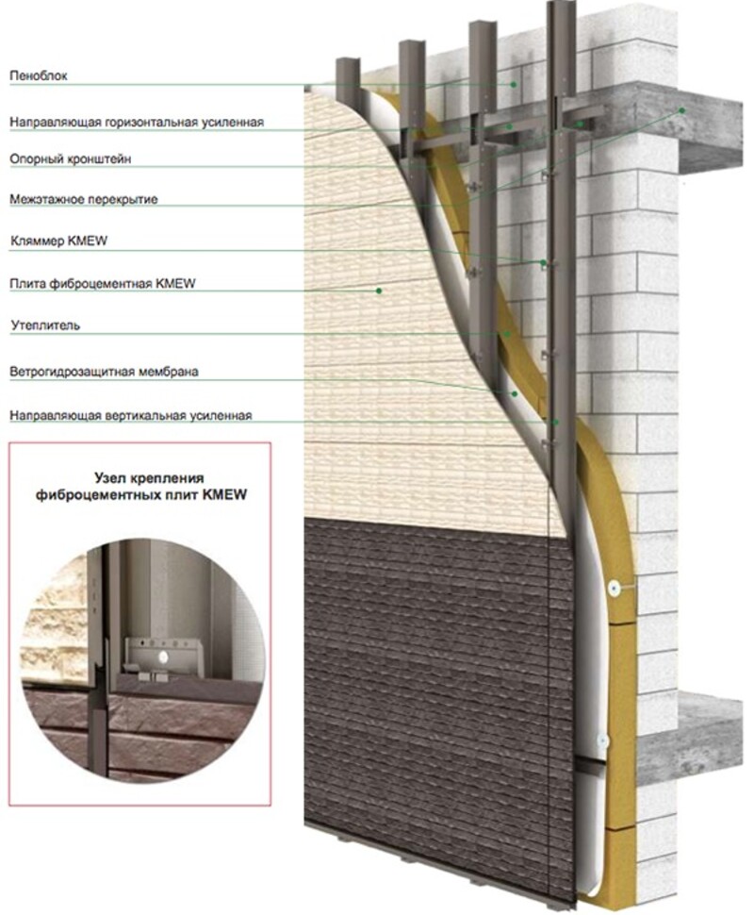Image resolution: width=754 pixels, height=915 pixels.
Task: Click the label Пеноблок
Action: [39, 75]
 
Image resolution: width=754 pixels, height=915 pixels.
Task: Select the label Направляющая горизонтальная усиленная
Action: [137, 122]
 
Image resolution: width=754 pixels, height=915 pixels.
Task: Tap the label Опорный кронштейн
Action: [70, 158]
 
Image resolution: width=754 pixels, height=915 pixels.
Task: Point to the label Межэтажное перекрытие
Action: [83, 200]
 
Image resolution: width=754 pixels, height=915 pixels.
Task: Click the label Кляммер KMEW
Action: [58, 241]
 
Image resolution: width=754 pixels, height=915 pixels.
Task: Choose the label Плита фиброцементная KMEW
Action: [103, 284]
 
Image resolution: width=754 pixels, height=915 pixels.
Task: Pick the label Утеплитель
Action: [45, 325]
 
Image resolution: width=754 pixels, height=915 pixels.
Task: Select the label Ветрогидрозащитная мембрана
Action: [104, 372]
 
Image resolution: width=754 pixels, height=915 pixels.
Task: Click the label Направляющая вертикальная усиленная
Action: [131, 415]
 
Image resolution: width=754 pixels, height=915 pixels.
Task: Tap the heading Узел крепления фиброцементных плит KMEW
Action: [141, 487]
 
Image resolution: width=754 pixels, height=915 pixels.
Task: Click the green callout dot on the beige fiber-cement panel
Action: [379, 290]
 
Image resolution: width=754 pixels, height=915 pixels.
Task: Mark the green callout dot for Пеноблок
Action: [514, 85]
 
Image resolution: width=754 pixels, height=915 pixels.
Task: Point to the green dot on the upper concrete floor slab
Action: [681, 110]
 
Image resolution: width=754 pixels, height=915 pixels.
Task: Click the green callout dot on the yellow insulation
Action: [507, 334]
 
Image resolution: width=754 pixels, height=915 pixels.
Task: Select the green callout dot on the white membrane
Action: [515, 394]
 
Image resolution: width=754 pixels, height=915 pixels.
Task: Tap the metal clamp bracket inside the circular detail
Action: [164, 658]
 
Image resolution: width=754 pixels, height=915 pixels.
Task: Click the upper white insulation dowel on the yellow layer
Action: [614, 589]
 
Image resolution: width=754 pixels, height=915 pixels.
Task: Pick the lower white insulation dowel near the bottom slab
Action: [602, 741]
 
